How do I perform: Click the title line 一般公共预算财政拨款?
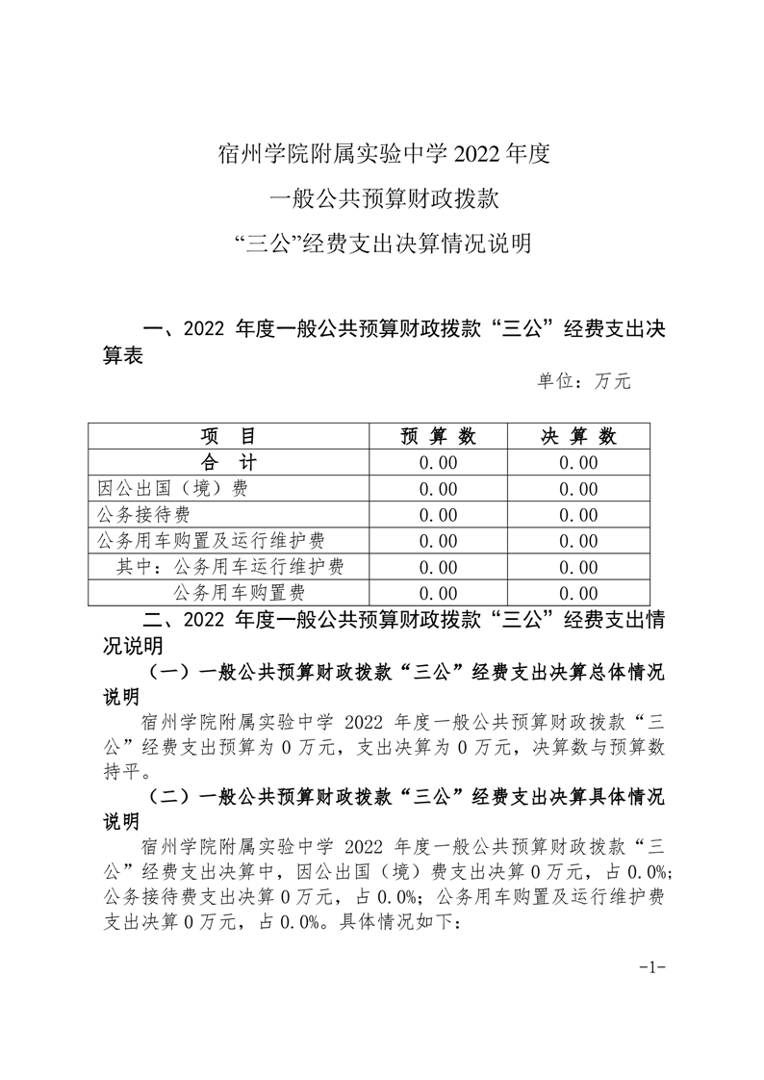coord(382,199)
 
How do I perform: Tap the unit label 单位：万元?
coord(583,381)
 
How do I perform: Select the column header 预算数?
coord(438,436)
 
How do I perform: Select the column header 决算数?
coord(578,436)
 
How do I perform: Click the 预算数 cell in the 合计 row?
coord(438,463)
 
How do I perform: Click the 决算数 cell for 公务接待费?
coord(578,515)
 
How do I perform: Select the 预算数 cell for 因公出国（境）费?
coord(438,489)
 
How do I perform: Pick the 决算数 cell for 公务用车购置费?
coord(578,593)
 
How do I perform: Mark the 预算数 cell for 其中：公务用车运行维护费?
coord(438,567)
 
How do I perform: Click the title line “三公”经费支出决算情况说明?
coord(382,244)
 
